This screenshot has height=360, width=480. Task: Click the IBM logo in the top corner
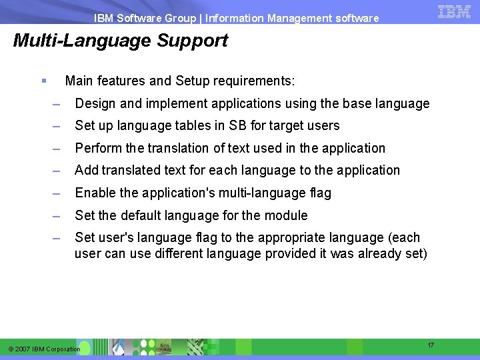point(455,11)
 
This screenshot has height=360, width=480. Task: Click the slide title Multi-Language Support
point(121,41)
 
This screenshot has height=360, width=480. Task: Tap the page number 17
point(431,345)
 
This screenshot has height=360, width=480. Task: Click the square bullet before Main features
point(43,81)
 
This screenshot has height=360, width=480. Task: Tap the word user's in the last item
point(115,237)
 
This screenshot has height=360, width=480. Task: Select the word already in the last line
point(380,253)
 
